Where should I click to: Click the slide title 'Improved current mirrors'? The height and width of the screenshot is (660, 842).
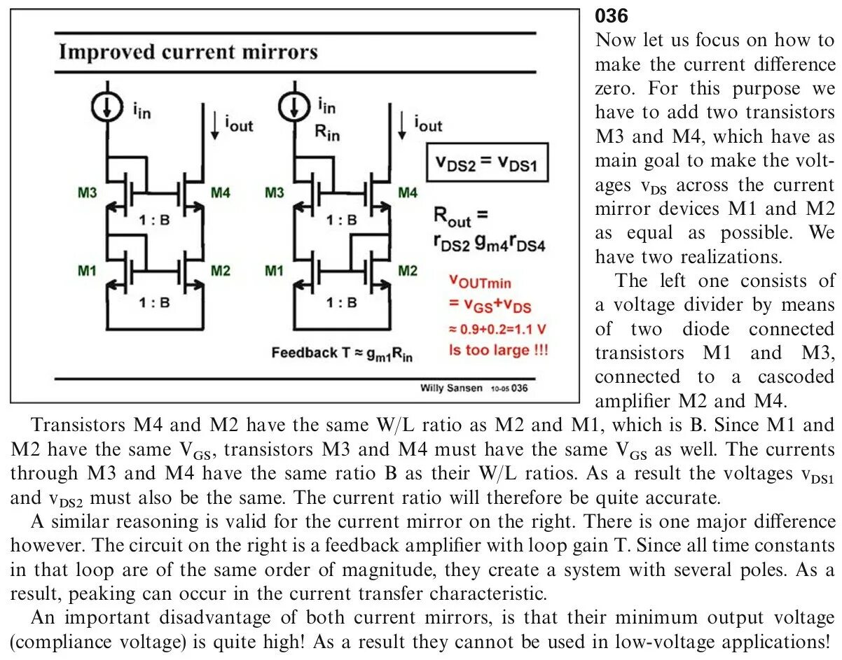[188, 52]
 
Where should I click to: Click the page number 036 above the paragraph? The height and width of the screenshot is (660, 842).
[612, 15]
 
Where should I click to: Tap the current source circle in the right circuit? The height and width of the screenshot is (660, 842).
[294, 106]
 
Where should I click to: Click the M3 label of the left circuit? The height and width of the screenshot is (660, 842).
[87, 192]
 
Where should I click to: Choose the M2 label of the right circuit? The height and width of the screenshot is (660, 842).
[407, 270]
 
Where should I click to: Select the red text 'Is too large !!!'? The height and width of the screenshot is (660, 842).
[498, 350]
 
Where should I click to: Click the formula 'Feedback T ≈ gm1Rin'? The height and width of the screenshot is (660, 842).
[343, 353]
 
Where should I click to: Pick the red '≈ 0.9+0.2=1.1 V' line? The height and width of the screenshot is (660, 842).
[498, 328]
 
